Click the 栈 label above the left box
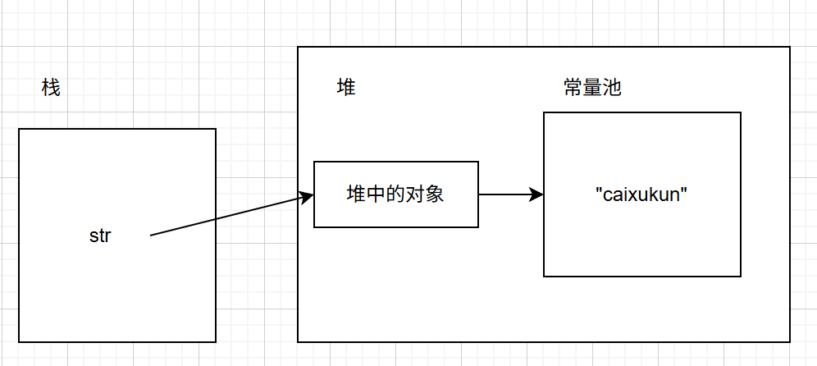[x=51, y=88]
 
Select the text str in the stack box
[x=100, y=236]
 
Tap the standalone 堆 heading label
[x=346, y=88]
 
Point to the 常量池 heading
[x=592, y=88]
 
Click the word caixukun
[x=641, y=195]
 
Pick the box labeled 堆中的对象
[x=396, y=194]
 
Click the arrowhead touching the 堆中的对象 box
[x=308, y=197]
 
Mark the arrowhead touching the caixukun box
[x=537, y=194]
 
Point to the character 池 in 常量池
[x=612, y=88]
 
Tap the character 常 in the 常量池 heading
[x=573, y=88]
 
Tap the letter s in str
[x=94, y=236]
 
